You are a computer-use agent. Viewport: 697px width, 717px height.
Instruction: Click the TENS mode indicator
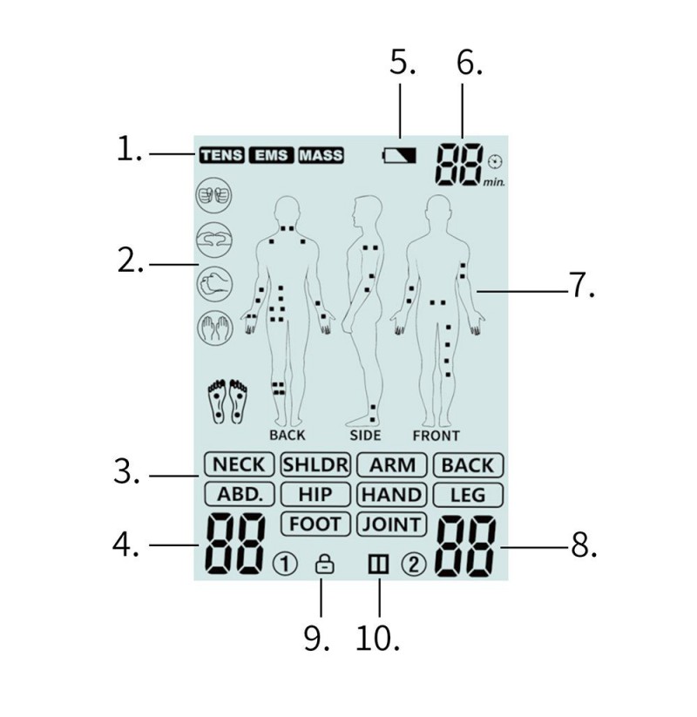pyautogui.click(x=221, y=155)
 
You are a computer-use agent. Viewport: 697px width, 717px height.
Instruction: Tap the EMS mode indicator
pyautogui.click(x=271, y=155)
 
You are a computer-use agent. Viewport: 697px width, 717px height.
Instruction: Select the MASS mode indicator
pyautogui.click(x=321, y=155)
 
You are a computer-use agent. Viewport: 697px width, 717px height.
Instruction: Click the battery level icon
pyautogui.click(x=399, y=155)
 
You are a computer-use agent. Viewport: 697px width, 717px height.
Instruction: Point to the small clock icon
pyautogui.click(x=496, y=161)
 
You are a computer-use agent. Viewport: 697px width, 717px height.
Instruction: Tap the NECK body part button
pyautogui.click(x=240, y=465)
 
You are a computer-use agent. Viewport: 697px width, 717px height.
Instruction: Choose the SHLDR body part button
pyautogui.click(x=315, y=465)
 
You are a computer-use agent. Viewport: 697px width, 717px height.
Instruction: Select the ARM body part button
pyautogui.click(x=392, y=465)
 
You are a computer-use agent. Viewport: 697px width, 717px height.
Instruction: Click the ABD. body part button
pyautogui.click(x=240, y=494)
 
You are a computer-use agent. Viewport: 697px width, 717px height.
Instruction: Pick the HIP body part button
pyautogui.click(x=315, y=494)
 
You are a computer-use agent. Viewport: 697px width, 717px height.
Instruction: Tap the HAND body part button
pyautogui.click(x=392, y=494)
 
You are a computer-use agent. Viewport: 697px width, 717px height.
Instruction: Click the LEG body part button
pyautogui.click(x=469, y=495)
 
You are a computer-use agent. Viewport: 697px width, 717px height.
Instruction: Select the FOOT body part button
pyautogui.click(x=315, y=524)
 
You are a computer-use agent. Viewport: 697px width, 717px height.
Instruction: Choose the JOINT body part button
pyautogui.click(x=392, y=524)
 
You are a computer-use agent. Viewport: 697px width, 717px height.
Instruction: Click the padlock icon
pyautogui.click(x=325, y=565)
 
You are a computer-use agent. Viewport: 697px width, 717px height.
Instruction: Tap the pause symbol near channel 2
pyautogui.click(x=379, y=565)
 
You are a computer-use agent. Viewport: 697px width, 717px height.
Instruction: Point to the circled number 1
pyautogui.click(x=285, y=565)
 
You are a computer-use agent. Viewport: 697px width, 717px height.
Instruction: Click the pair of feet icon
pyautogui.click(x=227, y=401)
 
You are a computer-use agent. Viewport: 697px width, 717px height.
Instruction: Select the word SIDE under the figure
pyautogui.click(x=365, y=436)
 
